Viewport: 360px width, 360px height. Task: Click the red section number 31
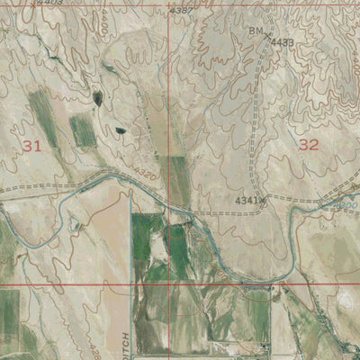pos(32,145)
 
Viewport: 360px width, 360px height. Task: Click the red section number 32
pos(309,144)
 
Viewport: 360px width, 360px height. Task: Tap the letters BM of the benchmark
pos(256,31)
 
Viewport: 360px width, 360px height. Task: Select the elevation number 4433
pos(283,42)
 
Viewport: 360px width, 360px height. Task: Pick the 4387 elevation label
pos(182,10)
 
